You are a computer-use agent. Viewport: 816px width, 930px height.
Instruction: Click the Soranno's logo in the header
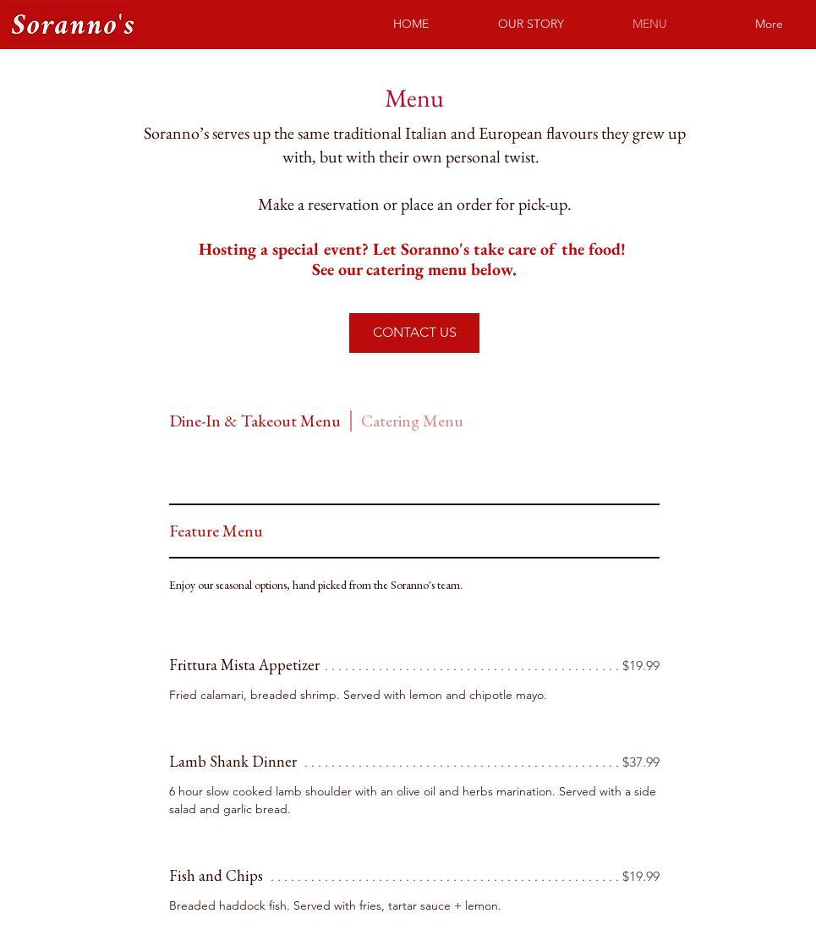pyautogui.click(x=73, y=25)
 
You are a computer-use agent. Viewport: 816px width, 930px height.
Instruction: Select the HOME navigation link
pyautogui.click(x=411, y=24)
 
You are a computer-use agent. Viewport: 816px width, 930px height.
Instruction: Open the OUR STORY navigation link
pyautogui.click(x=531, y=24)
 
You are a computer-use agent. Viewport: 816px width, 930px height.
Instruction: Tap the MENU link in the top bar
pyautogui.click(x=649, y=24)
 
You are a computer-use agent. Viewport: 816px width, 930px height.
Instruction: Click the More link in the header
pyautogui.click(x=769, y=24)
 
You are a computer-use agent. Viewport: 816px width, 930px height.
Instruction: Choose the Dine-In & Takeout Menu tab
pyautogui.click(x=255, y=421)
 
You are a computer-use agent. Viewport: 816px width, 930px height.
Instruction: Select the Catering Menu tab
pyautogui.click(x=412, y=421)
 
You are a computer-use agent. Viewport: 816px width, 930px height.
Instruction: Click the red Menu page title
pyautogui.click(x=414, y=99)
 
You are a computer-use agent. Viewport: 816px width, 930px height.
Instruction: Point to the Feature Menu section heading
pyautogui.click(x=216, y=531)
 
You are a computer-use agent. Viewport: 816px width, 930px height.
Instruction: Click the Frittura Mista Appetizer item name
pyautogui.click(x=244, y=665)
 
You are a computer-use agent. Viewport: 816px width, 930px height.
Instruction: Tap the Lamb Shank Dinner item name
pyautogui.click(x=233, y=762)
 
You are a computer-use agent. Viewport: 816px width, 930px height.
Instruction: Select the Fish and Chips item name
pyautogui.click(x=216, y=876)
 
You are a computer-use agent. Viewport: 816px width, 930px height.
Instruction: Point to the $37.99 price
pyautogui.click(x=641, y=762)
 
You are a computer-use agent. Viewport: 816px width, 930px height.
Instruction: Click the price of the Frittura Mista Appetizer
pyautogui.click(x=641, y=666)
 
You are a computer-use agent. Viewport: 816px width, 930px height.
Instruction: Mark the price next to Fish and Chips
pyautogui.click(x=641, y=877)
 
